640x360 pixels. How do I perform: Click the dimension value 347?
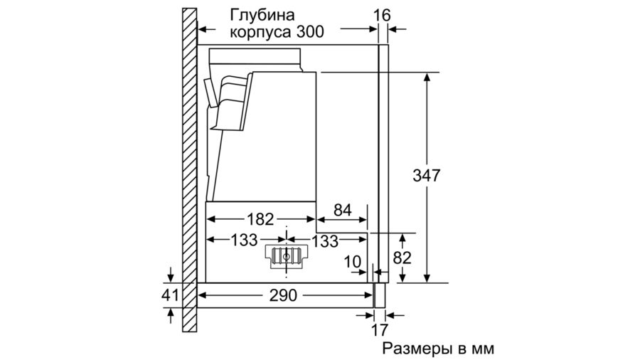tap(427, 176)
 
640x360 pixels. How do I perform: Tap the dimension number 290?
tap(283, 295)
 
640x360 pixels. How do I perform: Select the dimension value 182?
tap(260, 219)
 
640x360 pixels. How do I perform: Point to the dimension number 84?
tap(343, 210)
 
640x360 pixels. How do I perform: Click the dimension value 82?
tap(402, 258)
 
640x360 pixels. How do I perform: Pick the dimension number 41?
tap(170, 295)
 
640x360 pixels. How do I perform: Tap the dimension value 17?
tap(379, 329)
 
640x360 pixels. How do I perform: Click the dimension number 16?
tap(382, 16)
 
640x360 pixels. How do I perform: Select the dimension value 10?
tap(352, 262)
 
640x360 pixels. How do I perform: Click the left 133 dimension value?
tap(244, 240)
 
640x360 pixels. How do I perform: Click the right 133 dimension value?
tap(325, 240)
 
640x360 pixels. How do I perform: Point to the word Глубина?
tap(262, 16)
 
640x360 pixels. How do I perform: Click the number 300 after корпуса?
tap(310, 32)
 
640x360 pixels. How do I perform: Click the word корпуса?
tap(260, 33)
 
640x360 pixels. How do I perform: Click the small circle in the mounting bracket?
tap(286, 257)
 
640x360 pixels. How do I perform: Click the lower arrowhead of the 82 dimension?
tap(402, 277)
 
